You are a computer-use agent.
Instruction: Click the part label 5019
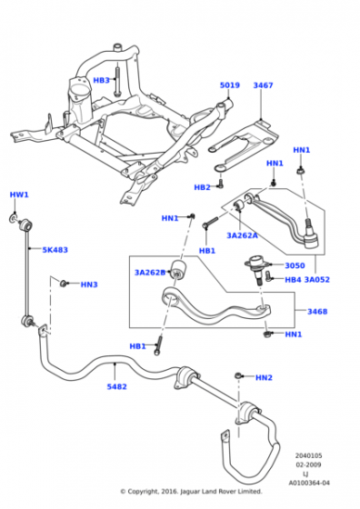(x=230, y=85)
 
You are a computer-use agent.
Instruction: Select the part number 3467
(x=263, y=85)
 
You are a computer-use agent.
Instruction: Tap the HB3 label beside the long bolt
(x=101, y=80)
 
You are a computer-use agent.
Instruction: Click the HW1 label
(x=19, y=195)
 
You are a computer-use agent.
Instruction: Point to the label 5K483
(x=55, y=250)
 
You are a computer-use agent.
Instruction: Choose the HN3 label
(x=89, y=284)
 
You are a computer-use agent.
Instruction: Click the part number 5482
(x=117, y=386)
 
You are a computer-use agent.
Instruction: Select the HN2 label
(x=264, y=378)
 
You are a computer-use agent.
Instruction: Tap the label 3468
(x=317, y=312)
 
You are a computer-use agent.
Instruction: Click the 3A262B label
(x=150, y=273)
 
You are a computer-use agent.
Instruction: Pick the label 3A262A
(x=242, y=235)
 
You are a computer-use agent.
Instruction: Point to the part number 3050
(x=295, y=265)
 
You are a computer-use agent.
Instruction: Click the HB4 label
(x=293, y=280)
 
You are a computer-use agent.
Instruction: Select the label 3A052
(x=317, y=280)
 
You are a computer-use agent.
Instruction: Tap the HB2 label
(x=202, y=187)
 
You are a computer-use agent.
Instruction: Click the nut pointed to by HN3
(x=64, y=284)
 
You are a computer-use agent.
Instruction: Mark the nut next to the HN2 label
(x=238, y=375)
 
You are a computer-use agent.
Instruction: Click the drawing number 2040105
(x=308, y=455)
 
